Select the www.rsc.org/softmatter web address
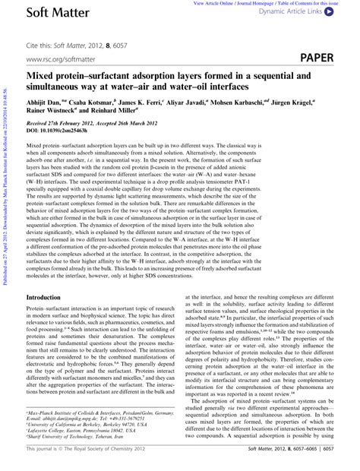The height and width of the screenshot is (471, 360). click(63, 58)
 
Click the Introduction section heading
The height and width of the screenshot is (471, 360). click(49, 277)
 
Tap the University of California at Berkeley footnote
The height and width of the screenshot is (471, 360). click(87, 423)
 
